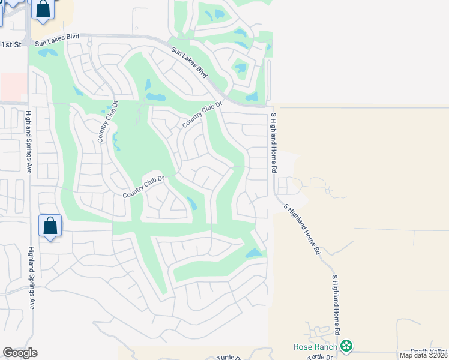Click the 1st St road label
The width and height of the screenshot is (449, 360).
click(11, 44)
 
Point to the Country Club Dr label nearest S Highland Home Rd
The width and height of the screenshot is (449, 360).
click(202, 113)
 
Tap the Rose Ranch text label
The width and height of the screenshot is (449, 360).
click(315, 346)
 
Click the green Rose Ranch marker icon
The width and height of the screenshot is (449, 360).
click(346, 346)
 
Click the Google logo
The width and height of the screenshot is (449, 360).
click(20, 353)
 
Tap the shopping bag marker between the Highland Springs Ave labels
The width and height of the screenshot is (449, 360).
click(50, 226)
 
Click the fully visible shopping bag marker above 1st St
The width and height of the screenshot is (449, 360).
click(43, 9)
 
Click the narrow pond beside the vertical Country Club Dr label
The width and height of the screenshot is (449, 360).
click(116, 142)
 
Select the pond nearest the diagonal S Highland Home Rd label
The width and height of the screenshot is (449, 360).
click(254, 253)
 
